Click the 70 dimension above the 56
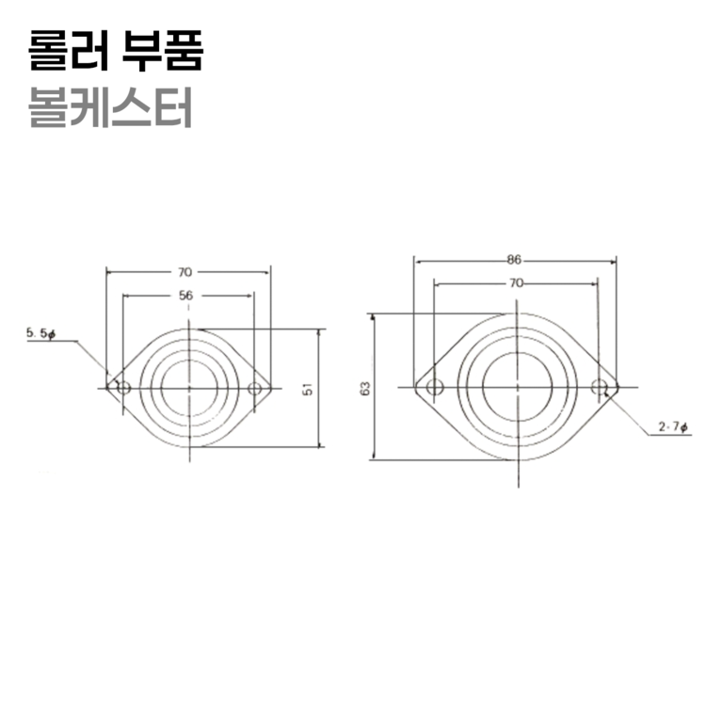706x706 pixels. tap(185, 271)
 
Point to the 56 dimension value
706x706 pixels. tap(186, 295)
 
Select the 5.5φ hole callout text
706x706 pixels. tap(41, 333)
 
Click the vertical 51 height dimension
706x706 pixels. tap(308, 388)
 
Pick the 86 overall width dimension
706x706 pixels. tap(514, 258)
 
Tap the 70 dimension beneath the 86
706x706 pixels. tap(515, 281)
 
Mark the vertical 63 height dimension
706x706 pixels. tap(364, 387)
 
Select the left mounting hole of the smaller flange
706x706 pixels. tap(122, 388)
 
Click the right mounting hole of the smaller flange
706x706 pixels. tap(254, 388)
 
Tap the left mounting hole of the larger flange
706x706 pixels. tap(433, 387)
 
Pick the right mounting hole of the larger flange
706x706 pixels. tap(599, 387)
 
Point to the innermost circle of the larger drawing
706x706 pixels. tap(516, 387)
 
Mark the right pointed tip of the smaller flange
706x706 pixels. tap(272, 388)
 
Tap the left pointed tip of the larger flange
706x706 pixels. tap(415, 387)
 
